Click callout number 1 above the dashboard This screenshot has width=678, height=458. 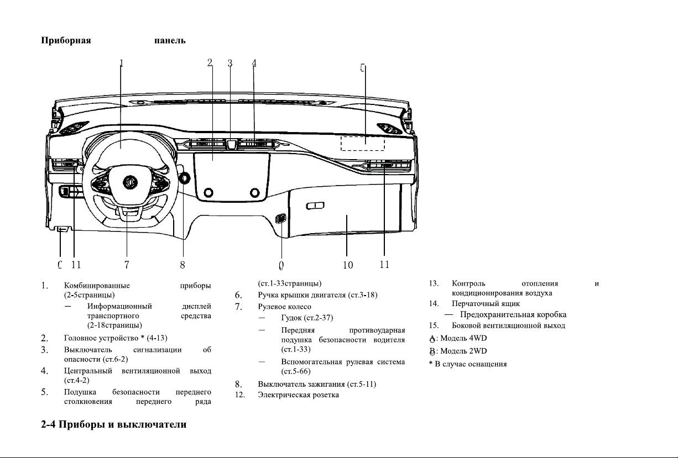121,63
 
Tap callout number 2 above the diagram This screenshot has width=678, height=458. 210,62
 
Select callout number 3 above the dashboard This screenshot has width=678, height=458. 230,63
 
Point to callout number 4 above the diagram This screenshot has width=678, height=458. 254,63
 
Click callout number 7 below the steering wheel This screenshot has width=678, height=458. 127,265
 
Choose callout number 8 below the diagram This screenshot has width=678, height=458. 182,265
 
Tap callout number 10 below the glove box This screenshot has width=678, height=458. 348,265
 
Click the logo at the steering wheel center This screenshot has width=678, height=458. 130,182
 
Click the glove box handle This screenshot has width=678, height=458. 315,206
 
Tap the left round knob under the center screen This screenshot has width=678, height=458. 208,192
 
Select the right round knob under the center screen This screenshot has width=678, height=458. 254,192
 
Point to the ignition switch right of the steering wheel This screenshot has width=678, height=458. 184,178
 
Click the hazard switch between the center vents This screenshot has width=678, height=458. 232,144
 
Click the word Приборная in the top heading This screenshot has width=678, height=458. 66,40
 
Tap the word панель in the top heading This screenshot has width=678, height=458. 170,40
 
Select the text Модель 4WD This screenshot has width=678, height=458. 463,338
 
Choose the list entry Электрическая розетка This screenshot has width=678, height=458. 298,395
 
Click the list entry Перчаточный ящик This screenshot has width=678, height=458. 486,303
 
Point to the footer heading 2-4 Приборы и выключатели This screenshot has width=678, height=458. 113,424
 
